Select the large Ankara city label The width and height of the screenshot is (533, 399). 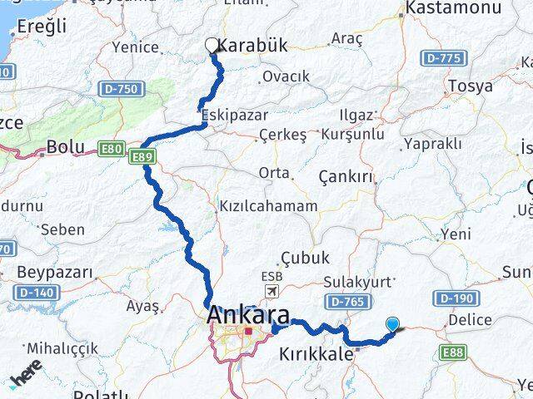tap(250, 315)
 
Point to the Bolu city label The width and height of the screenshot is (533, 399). tap(66, 147)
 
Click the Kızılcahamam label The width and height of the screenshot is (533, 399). tap(267, 206)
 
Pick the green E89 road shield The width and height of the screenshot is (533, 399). tap(142, 156)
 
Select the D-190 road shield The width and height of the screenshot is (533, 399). tap(455, 298)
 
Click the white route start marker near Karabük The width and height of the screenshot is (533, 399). tap(212, 46)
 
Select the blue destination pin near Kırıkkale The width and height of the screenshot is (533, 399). tap(393, 325)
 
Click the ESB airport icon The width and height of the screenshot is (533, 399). tap(271, 290)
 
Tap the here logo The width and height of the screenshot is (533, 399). tap(27, 378)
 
